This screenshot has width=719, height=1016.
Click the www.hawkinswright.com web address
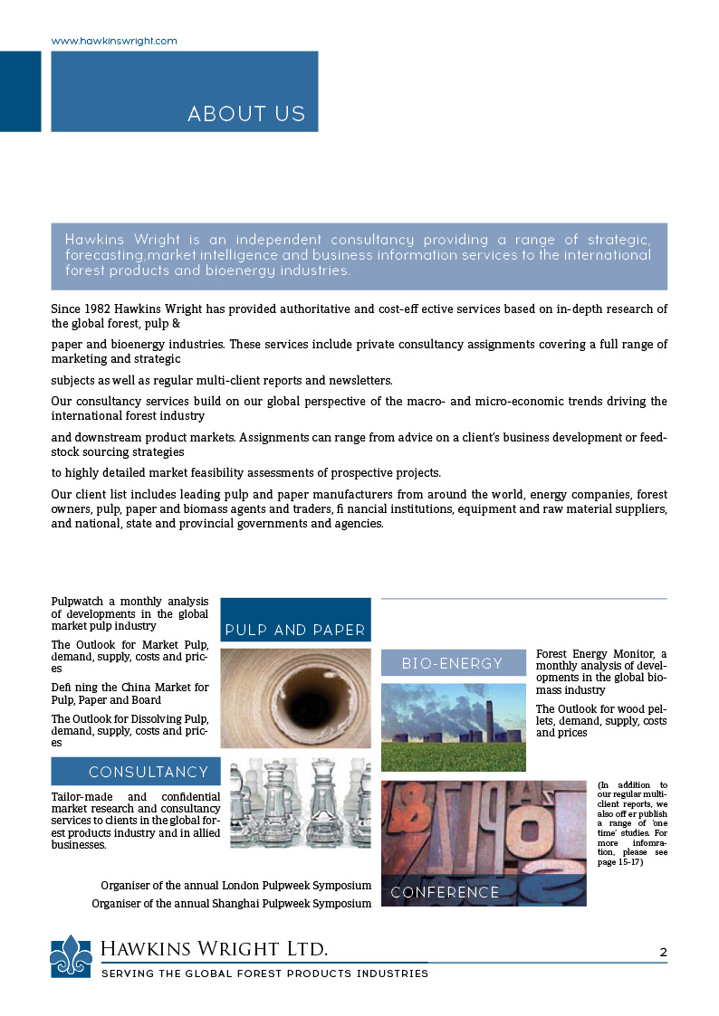pos(114,42)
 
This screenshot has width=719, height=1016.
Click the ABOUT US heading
pos(246,114)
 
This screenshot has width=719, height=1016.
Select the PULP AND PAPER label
pos(295,630)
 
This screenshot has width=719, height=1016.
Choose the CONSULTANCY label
pos(149,772)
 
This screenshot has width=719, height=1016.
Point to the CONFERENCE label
pos(445,892)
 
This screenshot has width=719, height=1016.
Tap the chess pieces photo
pos(300,803)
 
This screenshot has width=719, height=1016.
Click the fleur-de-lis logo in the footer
pos(71,955)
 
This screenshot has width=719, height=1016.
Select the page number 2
pos(663,952)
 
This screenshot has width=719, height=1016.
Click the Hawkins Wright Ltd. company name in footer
pos(214,948)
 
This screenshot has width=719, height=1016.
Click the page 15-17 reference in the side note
pos(620,863)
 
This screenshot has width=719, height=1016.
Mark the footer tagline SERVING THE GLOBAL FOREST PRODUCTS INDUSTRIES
pos(264,973)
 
